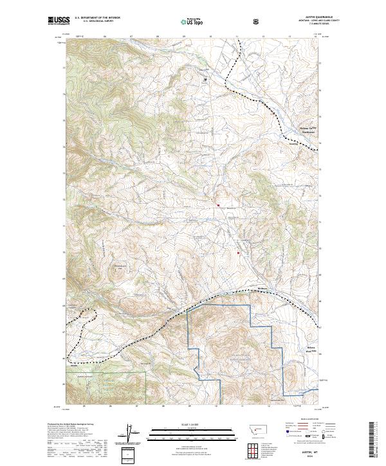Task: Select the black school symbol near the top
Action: [206, 80]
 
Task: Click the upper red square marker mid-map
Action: [219, 206]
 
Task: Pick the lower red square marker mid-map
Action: [239, 253]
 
